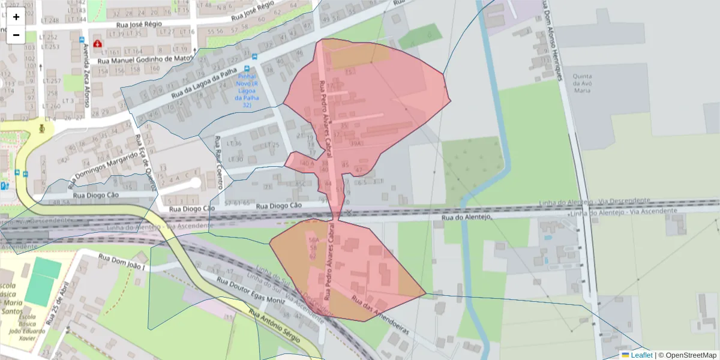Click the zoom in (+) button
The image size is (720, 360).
16,17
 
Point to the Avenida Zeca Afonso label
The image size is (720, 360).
86,75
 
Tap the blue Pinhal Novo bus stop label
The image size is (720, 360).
247,91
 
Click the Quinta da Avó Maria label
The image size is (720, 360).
583,83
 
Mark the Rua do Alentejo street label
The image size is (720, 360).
466,217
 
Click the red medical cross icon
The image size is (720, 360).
97,44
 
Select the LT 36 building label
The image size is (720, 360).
235,143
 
